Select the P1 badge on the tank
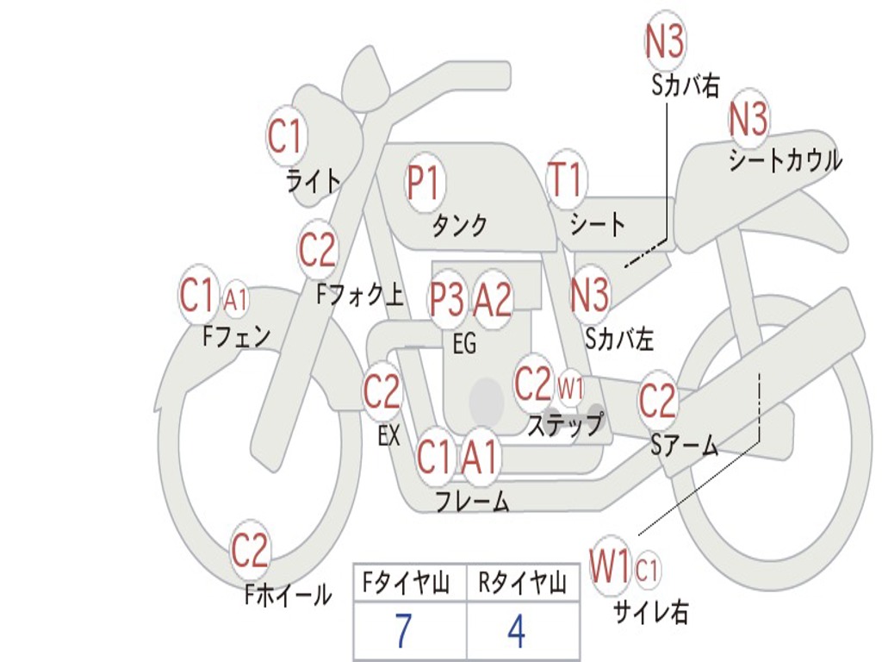[423, 184]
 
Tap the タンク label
[459, 225]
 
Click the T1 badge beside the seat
[566, 182]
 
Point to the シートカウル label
[785, 161]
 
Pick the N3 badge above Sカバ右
[665, 40]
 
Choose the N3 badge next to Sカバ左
[590, 295]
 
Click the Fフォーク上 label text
[359, 296]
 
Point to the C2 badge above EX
[382, 393]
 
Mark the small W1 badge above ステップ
[570, 388]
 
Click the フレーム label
[472, 501]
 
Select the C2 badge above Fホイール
[251, 552]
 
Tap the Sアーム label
[684, 446]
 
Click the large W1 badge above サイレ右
[611, 567]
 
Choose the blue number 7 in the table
[403, 632]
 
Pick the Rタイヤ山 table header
[522, 584]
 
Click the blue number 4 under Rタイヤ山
[516, 632]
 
